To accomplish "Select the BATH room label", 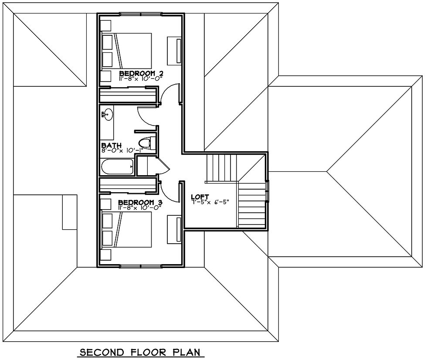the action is click(x=111, y=145).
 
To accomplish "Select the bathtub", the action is click(x=116, y=166).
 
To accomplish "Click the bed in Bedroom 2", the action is click(x=126, y=51).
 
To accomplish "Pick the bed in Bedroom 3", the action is click(x=126, y=230).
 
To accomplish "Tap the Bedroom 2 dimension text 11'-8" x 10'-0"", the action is click(x=140, y=78).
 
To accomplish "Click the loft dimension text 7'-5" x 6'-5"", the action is click(x=210, y=202).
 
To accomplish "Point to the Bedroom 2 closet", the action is click(x=127, y=95).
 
